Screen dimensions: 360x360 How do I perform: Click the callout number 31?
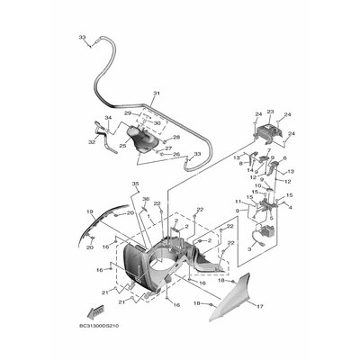pyautogui.click(x=155, y=94)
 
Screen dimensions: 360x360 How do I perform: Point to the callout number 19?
pyautogui.click(x=89, y=211)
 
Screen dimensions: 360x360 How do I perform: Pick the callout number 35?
pyautogui.click(x=136, y=184)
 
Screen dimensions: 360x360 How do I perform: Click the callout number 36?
pyautogui.click(x=146, y=199)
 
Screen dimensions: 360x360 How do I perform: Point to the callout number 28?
pyautogui.click(x=176, y=137)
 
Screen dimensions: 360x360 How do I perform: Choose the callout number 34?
pyautogui.click(x=107, y=118)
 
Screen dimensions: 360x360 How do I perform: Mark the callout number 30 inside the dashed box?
pyautogui.click(x=157, y=123)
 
